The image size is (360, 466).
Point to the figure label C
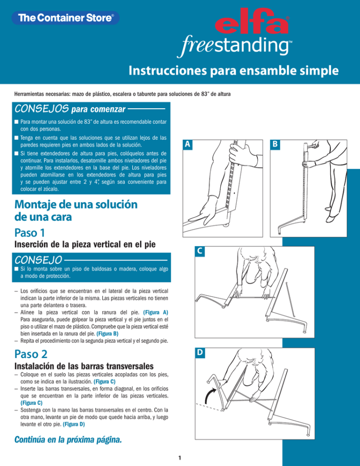(x=200, y=252)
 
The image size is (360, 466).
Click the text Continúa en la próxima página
(x=68, y=439)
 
